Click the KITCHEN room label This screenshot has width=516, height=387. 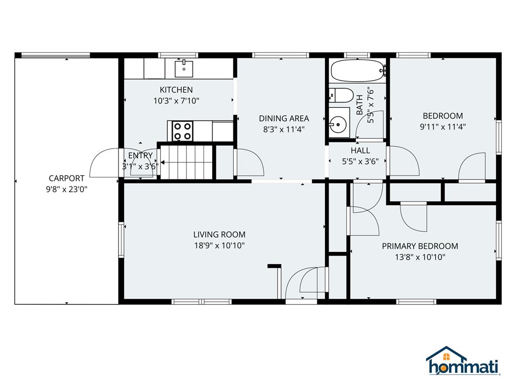[x=176, y=90]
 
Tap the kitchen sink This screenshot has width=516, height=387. [x=184, y=67]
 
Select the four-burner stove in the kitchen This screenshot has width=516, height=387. [x=182, y=131]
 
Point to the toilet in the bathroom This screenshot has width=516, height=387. [x=341, y=95]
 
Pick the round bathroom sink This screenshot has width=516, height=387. [x=338, y=122]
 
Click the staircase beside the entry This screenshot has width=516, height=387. [x=185, y=161]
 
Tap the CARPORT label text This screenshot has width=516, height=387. [x=67, y=178]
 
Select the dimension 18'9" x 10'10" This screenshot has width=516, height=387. [x=219, y=245]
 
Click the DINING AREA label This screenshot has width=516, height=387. [x=284, y=118]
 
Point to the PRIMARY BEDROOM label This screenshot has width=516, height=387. [x=420, y=246]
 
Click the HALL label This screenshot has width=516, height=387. [x=360, y=151]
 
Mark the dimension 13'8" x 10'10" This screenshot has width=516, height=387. [x=420, y=257]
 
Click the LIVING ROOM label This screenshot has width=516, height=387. [x=219, y=234]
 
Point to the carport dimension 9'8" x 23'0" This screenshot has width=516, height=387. [x=67, y=189]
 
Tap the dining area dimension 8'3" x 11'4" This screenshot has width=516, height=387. [x=284, y=130]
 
